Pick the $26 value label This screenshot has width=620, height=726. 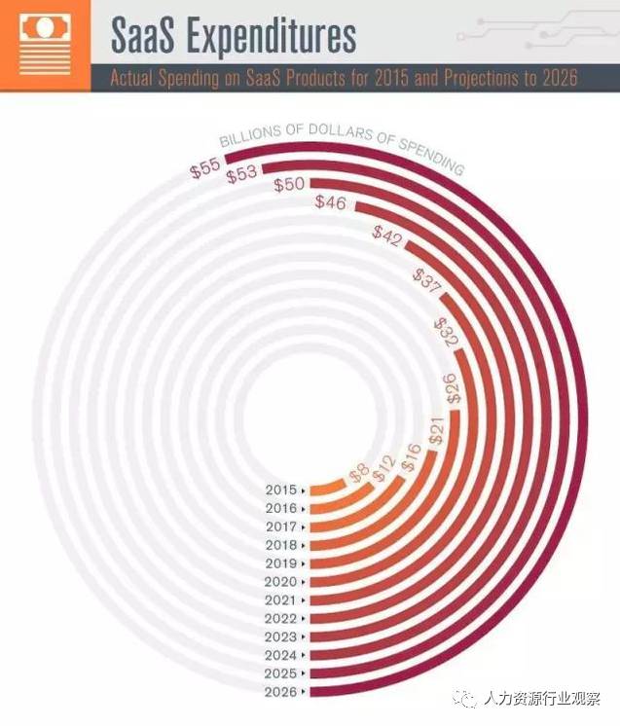(x=454, y=389)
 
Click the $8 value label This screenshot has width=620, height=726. (x=358, y=474)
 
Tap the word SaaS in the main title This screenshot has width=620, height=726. (x=142, y=36)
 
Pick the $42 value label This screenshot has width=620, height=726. (x=388, y=236)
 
